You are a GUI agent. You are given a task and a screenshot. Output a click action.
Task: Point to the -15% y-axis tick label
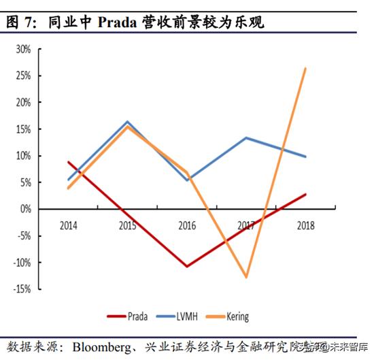coord(21,289)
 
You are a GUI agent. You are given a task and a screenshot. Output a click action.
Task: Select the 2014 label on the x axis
coord(69,225)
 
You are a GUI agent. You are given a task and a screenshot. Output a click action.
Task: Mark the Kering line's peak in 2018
coord(305,68)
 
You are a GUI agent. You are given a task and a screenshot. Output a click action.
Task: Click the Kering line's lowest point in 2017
coord(246,277)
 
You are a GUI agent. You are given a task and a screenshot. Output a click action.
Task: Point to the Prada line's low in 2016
coord(187,266)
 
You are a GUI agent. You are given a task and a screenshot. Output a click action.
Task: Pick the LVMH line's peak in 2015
coord(128,122)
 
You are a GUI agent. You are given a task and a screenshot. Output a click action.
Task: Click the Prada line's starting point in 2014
coord(69,162)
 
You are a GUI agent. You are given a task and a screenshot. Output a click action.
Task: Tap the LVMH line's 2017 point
coord(246,138)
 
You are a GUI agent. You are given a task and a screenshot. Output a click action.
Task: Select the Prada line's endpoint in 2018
coord(305,194)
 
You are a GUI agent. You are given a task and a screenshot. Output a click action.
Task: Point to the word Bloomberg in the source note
coord(103,346)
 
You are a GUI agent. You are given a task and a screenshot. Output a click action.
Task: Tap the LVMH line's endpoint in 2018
coord(305,157)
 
